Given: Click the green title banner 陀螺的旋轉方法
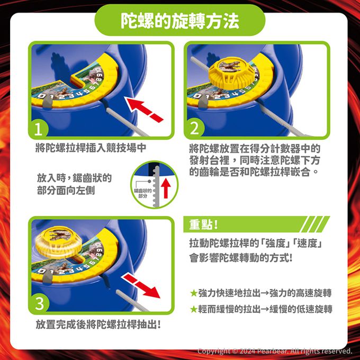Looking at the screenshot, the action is click(x=180, y=20).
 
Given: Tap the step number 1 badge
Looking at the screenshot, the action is click(x=38, y=129).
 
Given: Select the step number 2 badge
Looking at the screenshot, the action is click(x=194, y=128).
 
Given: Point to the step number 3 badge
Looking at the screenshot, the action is click(x=40, y=303).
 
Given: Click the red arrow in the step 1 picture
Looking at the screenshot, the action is click(x=143, y=109).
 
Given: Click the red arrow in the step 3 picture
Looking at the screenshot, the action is click(x=140, y=285).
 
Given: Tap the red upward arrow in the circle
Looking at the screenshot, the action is click(x=166, y=188).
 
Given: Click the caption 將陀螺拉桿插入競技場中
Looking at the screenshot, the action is click(x=91, y=148).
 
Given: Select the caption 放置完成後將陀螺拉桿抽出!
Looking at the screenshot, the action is click(x=98, y=325).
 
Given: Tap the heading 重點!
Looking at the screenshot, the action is click(x=203, y=224).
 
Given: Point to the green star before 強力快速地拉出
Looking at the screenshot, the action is click(x=194, y=293).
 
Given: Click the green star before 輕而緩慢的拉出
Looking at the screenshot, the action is click(x=194, y=309).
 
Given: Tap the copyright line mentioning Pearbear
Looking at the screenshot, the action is click(x=275, y=351).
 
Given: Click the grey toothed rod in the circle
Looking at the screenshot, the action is click(x=156, y=186).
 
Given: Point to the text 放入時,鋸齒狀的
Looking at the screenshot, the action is click(x=75, y=178).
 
